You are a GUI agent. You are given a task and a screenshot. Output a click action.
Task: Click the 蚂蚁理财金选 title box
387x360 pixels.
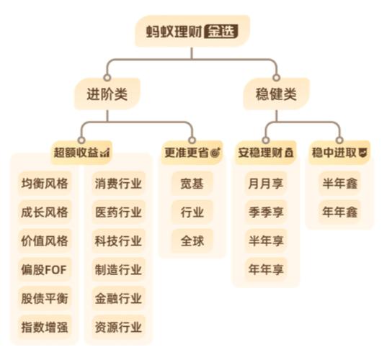point(192,32)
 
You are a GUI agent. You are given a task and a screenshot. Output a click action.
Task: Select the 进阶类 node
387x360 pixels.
point(107,93)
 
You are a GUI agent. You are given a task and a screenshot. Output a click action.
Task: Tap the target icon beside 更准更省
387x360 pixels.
point(215,153)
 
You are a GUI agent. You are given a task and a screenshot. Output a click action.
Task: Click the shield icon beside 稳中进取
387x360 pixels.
point(363,153)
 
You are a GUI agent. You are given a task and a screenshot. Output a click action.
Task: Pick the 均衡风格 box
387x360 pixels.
point(45,183)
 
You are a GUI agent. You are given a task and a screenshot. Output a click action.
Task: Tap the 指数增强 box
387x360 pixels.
point(45,327)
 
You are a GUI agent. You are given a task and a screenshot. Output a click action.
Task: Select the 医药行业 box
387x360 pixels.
point(118,212)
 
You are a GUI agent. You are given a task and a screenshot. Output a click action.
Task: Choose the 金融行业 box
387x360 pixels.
point(118,298)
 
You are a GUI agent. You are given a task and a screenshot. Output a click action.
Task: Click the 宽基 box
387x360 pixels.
point(192,183)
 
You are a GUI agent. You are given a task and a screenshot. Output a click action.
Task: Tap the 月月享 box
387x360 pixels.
point(266,183)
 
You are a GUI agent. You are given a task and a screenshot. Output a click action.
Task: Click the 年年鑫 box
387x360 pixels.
point(339,212)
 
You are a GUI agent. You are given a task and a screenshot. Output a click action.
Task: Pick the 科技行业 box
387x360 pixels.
point(118,240)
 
